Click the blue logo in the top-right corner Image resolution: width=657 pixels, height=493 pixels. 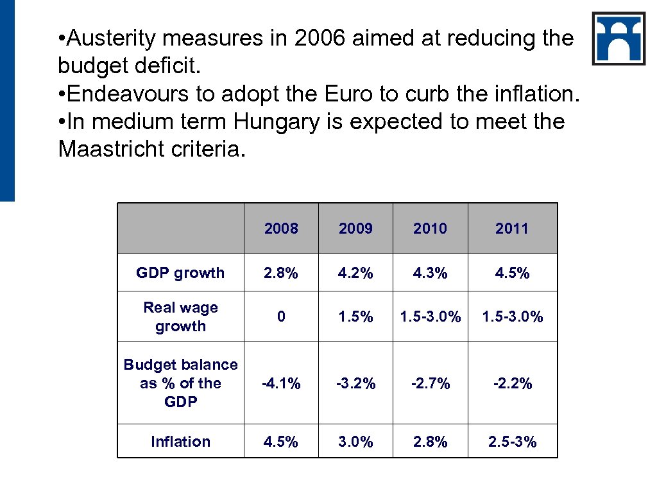[619, 39]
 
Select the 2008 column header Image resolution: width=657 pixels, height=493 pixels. [281, 229]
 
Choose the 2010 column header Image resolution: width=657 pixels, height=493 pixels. [430, 229]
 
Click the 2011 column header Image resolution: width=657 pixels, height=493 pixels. [512, 229]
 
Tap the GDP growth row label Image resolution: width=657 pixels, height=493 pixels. [180, 273]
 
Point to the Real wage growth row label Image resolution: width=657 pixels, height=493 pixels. [180, 316]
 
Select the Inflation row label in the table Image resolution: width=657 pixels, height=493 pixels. [180, 442]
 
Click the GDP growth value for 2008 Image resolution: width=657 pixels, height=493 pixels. [281, 273]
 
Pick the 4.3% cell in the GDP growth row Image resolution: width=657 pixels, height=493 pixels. [430, 273]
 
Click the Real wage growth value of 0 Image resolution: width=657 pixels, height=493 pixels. [281, 316]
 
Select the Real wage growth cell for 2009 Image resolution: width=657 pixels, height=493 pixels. [355, 316]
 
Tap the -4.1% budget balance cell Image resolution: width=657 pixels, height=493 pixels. [281, 383]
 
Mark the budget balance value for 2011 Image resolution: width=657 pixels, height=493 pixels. [512, 383]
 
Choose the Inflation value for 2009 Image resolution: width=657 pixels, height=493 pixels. [355, 442]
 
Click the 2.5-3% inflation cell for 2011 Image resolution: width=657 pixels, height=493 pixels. [512, 442]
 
